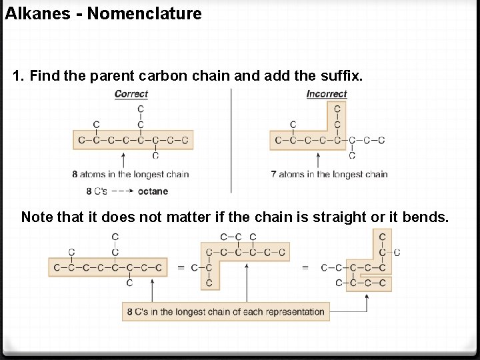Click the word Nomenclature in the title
tap(144, 13)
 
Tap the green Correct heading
tap(131, 94)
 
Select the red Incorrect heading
tap(327, 94)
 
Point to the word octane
tap(153, 191)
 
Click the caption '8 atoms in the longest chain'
tap(131, 175)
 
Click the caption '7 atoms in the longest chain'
tap(329, 175)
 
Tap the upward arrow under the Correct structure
tap(124, 161)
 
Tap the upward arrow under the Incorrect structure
tap(317, 161)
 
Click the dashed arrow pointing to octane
tap(121, 191)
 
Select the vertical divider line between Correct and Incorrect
tap(231, 140)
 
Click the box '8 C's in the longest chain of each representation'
tap(226, 311)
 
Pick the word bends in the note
tap(425, 217)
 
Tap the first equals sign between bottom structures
tap(181, 268)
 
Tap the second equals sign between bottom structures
tap(305, 268)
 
